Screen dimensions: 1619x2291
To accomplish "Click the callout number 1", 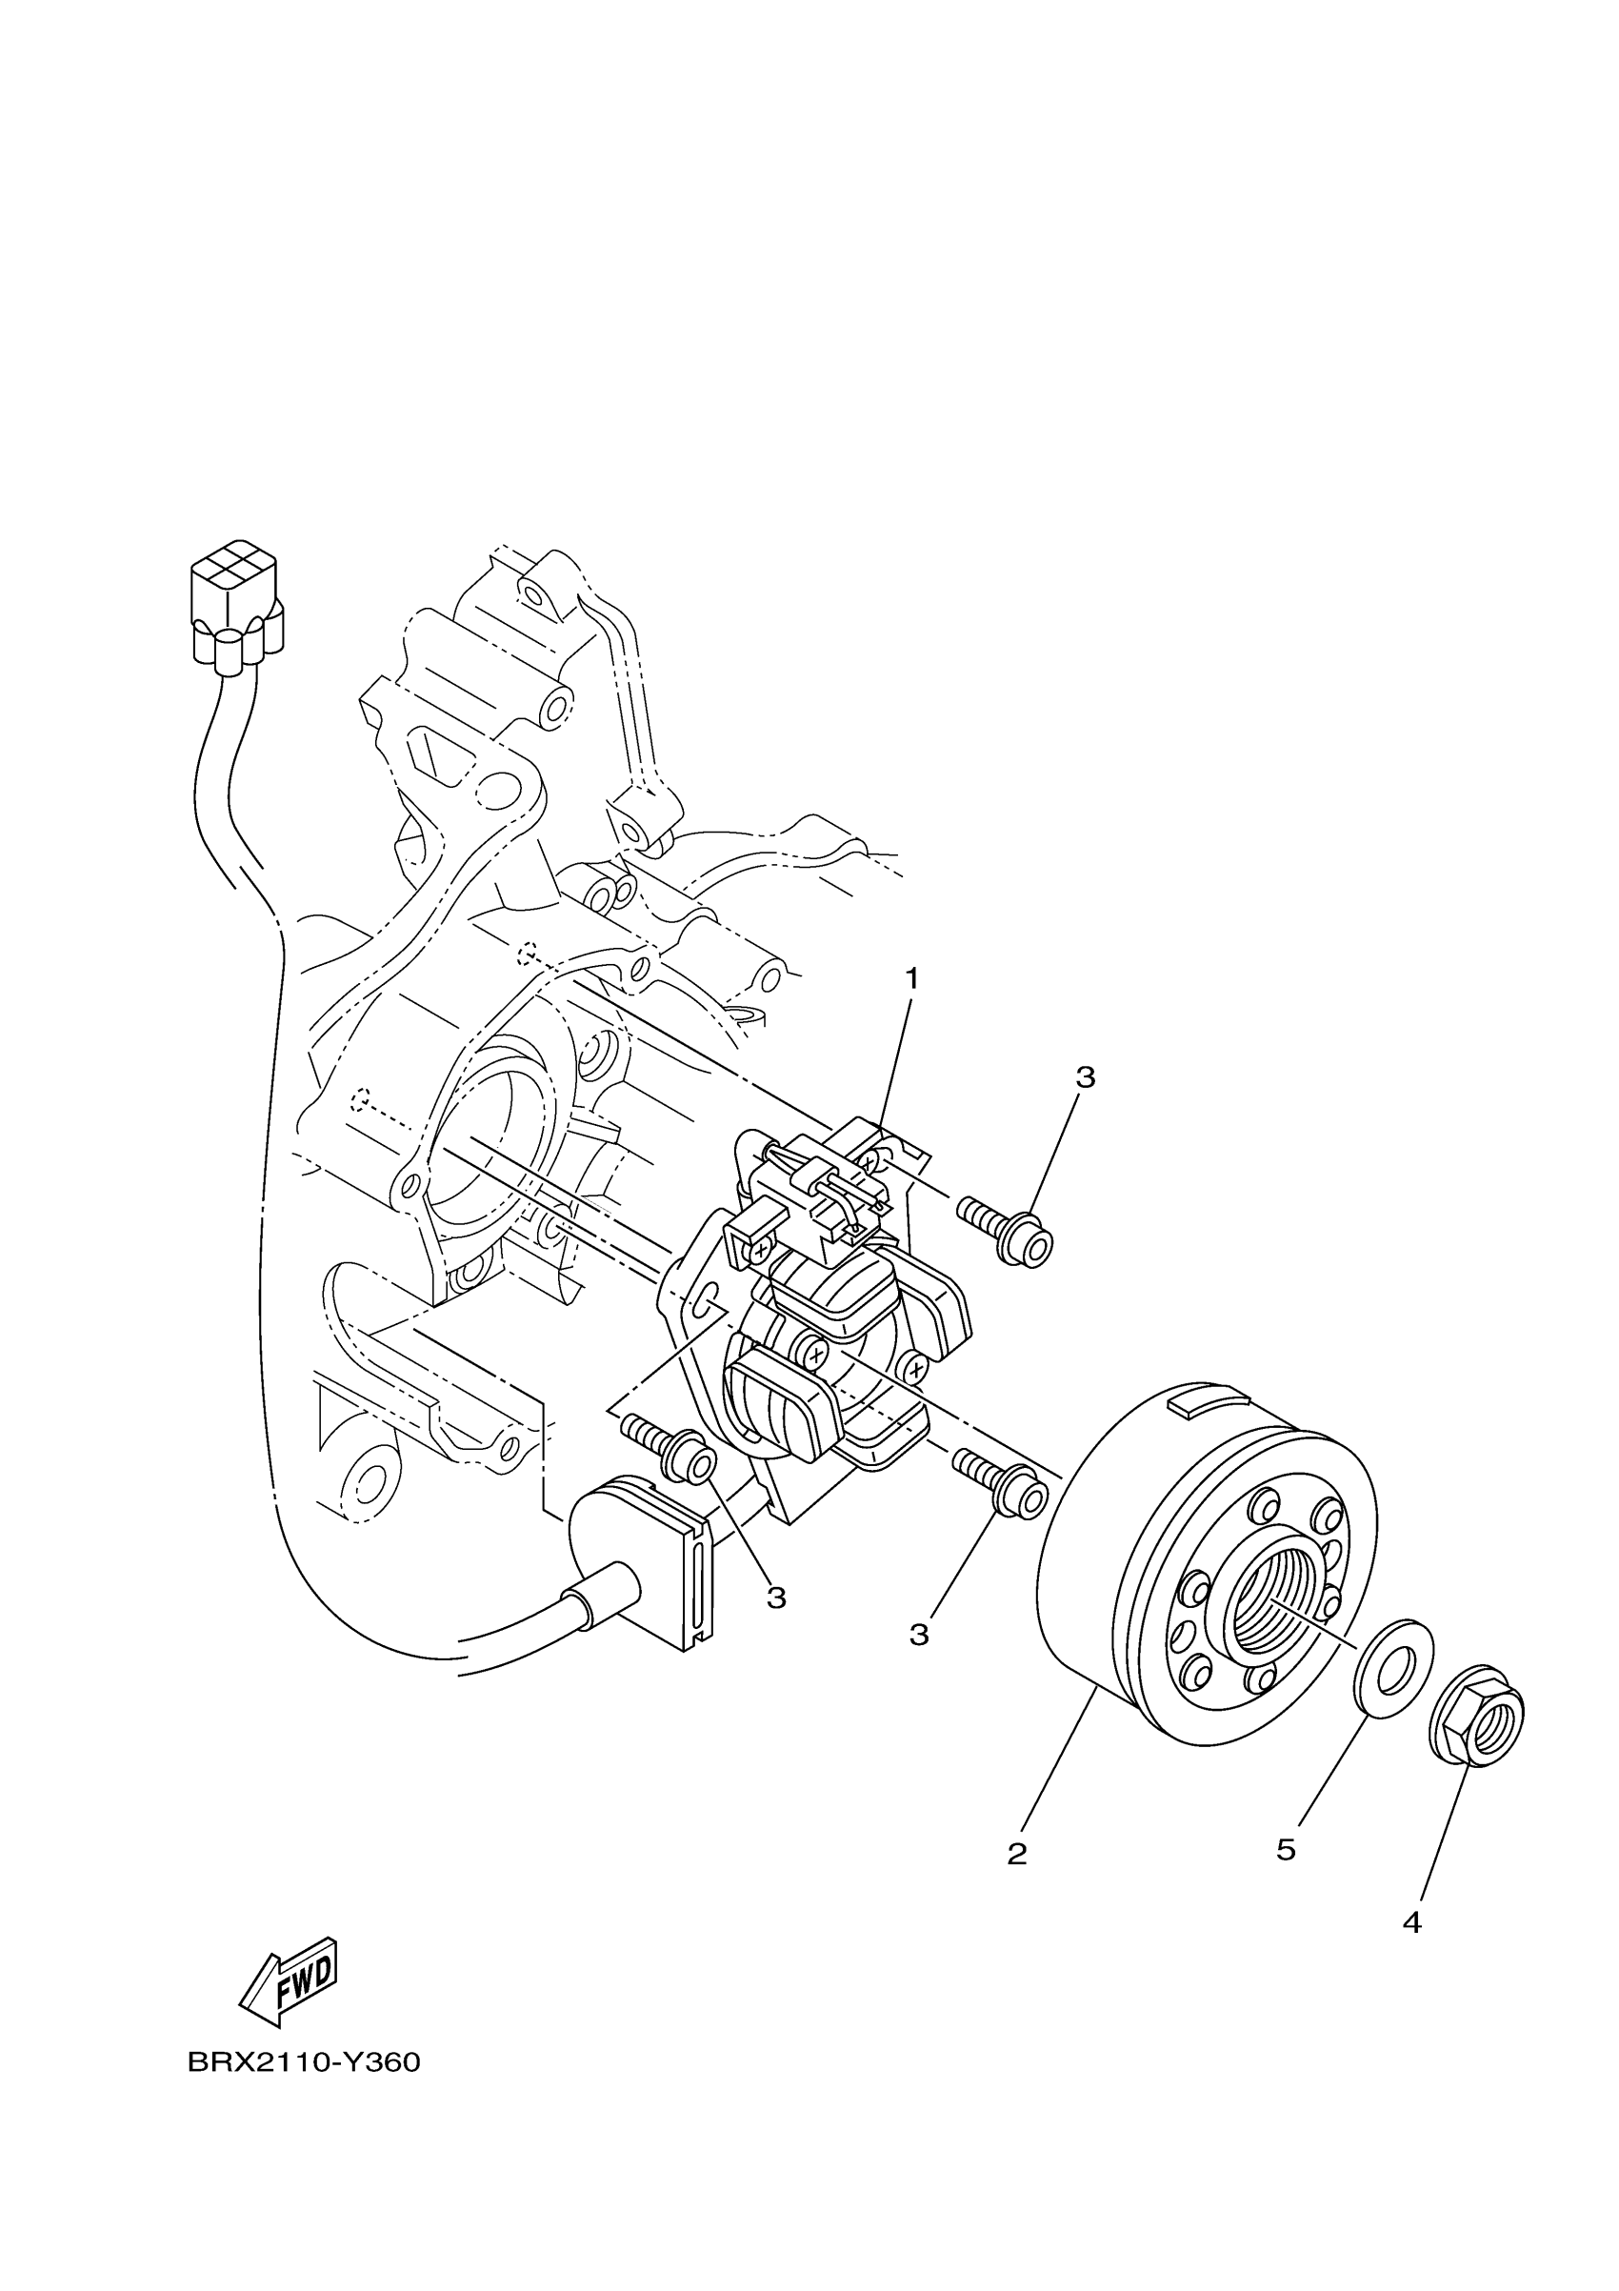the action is click(910, 979).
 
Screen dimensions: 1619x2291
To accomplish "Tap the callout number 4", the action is click(1411, 1921).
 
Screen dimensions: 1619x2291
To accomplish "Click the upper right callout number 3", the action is click(1086, 1077).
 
